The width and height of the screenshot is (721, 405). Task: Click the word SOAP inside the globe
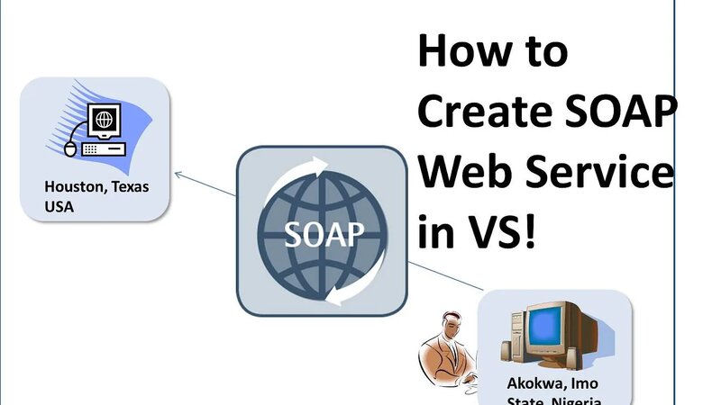[324, 235]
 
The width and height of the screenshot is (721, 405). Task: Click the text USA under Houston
[59, 206]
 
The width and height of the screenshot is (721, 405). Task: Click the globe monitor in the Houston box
[105, 120]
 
